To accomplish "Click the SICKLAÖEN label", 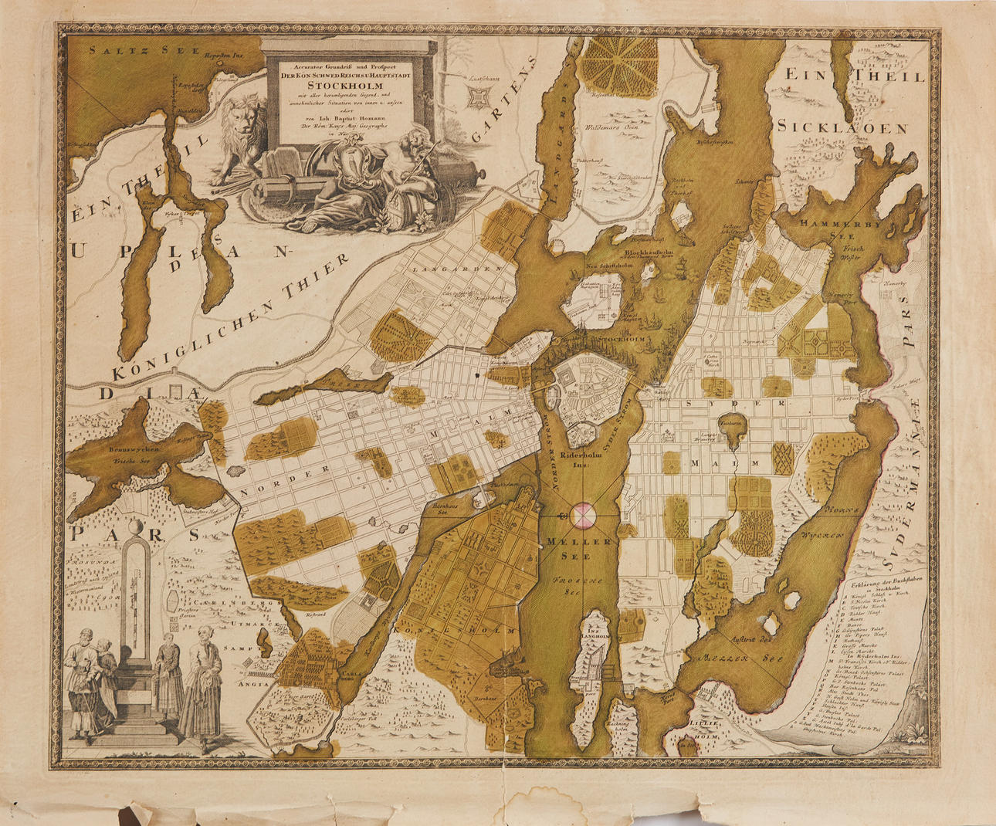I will point(842,128).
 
